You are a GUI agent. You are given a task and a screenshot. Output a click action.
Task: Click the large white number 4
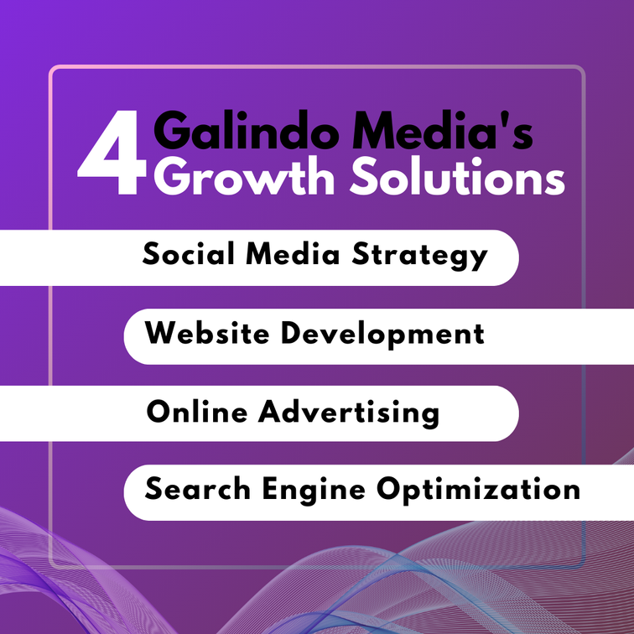click(x=112, y=153)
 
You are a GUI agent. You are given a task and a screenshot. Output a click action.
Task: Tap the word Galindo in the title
click(x=246, y=130)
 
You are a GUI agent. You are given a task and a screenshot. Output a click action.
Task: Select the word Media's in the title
click(x=442, y=130)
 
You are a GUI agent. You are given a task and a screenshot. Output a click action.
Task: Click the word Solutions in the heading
click(x=457, y=176)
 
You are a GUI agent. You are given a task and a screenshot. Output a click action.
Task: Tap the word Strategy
click(x=419, y=256)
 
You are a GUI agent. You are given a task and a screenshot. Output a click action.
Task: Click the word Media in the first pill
click(x=293, y=253)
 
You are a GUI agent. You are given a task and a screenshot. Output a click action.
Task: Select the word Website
click(x=207, y=333)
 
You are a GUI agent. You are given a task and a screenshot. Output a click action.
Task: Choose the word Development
click(x=382, y=335)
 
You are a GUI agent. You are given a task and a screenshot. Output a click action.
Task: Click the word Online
click(x=197, y=412)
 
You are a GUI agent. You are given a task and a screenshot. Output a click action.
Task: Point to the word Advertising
click(x=349, y=413)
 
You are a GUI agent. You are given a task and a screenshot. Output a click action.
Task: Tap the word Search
click(x=197, y=488)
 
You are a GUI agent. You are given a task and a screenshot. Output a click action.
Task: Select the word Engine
click(x=314, y=490)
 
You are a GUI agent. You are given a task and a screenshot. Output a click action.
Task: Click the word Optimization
click(x=478, y=490)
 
